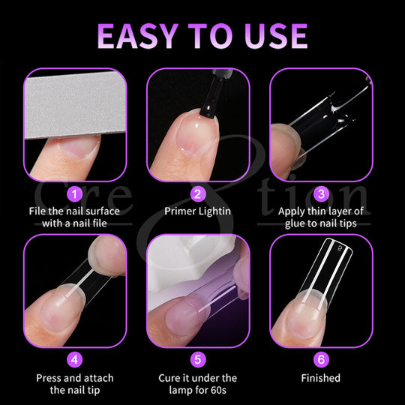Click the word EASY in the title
point(138,36)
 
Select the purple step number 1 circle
point(75,194)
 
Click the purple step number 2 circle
point(198,194)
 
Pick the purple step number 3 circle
point(321,194)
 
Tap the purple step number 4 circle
point(75,359)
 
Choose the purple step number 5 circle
point(198,359)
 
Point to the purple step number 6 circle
point(321,359)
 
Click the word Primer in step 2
point(180,211)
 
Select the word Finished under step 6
point(321,378)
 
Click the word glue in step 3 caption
point(295,223)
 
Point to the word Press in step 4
point(49,378)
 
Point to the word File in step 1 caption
point(37,211)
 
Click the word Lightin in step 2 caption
point(214,211)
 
